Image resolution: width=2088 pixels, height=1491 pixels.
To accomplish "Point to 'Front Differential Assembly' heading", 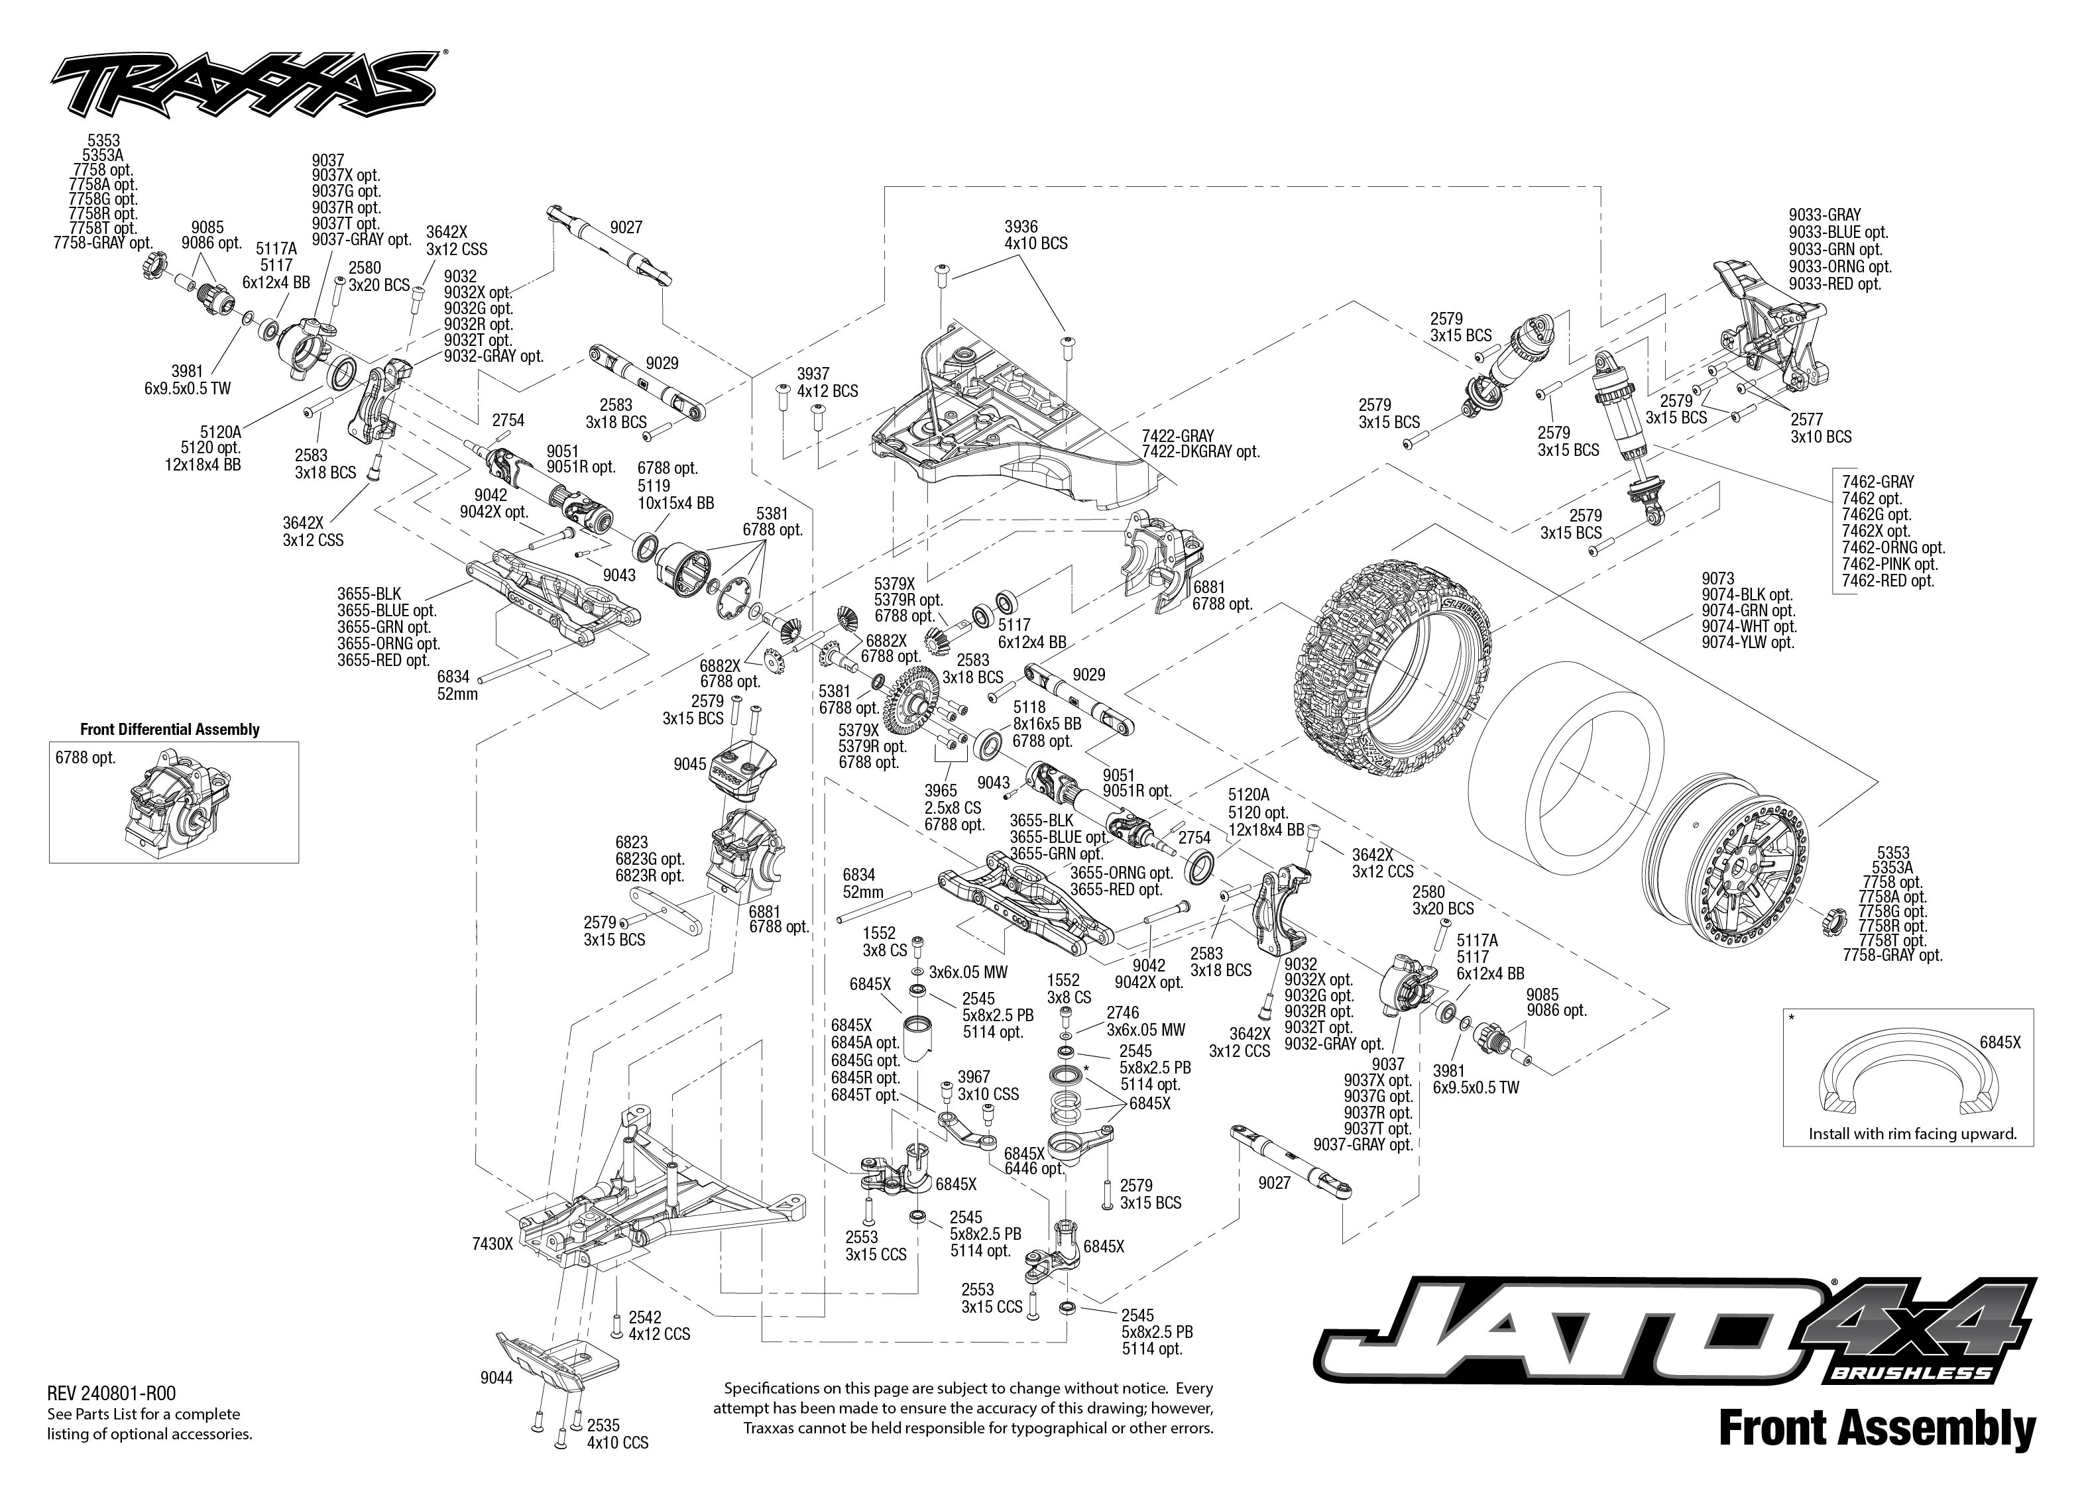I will (170, 729).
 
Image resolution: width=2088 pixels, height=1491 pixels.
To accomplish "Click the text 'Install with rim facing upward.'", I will (1912, 1134).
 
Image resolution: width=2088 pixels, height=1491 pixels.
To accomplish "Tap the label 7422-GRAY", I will (1177, 435).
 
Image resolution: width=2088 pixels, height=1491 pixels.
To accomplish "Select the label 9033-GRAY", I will (1824, 215).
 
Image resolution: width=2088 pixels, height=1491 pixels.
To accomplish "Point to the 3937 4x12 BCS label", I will (827, 382).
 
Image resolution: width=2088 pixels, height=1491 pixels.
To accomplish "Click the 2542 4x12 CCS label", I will (658, 1326).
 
